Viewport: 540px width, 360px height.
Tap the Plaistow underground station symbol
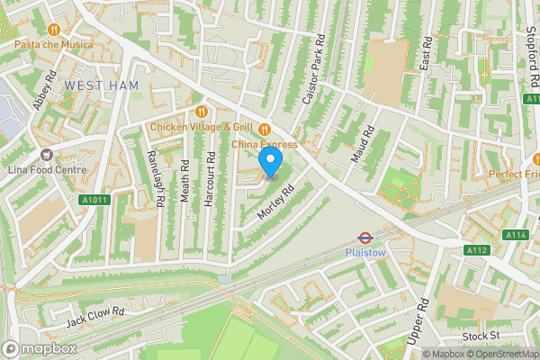tap(365, 238)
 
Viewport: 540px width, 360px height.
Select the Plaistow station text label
tap(365, 254)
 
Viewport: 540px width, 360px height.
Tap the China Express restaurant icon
tap(265, 128)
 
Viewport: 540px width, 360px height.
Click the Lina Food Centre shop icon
tap(45, 154)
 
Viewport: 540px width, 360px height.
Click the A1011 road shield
tap(93, 200)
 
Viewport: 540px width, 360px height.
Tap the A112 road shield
tap(476, 249)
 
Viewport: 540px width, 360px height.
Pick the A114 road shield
tap(517, 235)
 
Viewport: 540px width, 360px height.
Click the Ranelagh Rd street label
tap(153, 177)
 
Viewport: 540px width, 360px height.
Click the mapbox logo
tap(38, 347)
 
